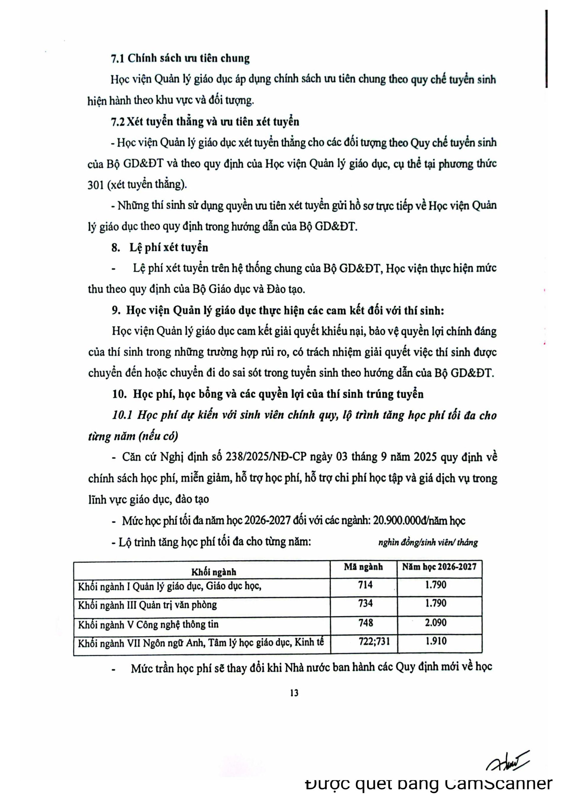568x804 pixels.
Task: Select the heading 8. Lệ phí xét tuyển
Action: [x=160, y=248]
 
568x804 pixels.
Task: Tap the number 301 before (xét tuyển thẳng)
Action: [x=96, y=185]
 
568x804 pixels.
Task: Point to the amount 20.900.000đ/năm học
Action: [x=419, y=521]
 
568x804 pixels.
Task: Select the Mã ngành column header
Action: [x=363, y=567]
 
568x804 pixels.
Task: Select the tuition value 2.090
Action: [x=436, y=623]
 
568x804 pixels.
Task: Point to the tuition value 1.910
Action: [x=436, y=641]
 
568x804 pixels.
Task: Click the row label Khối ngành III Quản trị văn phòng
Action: [x=147, y=605]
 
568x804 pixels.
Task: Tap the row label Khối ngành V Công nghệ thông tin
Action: [x=148, y=624]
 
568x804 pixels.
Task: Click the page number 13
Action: [x=294, y=693]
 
